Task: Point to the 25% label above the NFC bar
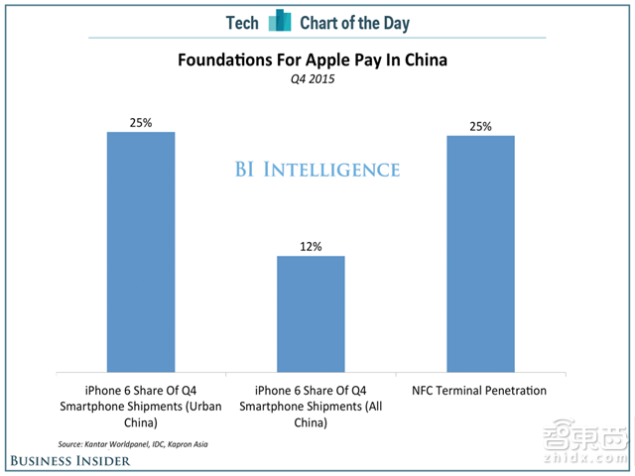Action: (480, 125)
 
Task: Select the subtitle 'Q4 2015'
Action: (312, 78)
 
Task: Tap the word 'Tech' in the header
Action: (242, 21)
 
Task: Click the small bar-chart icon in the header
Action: (281, 20)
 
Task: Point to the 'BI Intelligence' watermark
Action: (317, 169)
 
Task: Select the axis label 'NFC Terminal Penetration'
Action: (480, 391)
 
